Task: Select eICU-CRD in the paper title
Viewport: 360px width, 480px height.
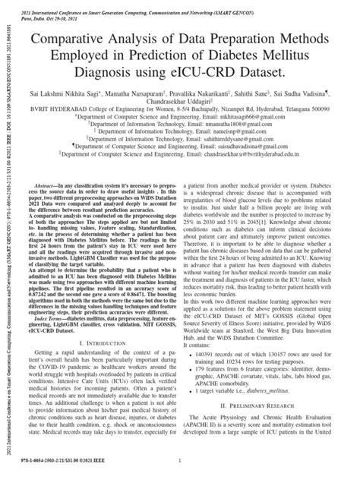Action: click(228, 71)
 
